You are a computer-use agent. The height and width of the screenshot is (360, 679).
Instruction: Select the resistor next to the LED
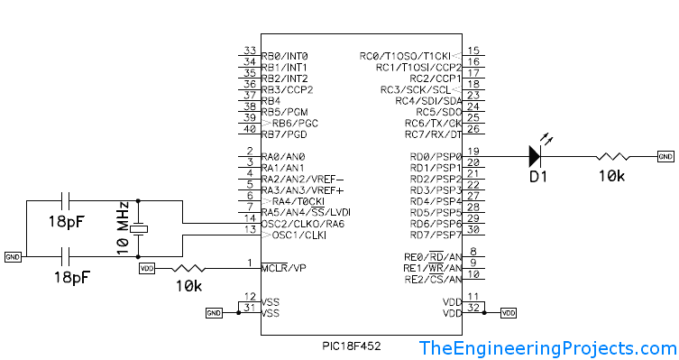[x=613, y=156]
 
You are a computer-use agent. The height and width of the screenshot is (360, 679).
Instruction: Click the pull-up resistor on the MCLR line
[x=191, y=268]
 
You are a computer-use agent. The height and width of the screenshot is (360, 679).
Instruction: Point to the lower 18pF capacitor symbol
[x=68, y=256]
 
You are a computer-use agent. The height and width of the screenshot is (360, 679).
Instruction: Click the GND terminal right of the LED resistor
[x=665, y=156]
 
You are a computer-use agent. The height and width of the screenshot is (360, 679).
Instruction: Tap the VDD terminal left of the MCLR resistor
[x=147, y=268]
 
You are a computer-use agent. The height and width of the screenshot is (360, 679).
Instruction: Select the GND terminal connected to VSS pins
[x=214, y=313]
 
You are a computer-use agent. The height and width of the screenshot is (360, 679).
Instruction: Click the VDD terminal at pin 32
[x=509, y=312]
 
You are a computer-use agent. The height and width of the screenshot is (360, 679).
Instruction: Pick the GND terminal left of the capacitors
[x=13, y=256]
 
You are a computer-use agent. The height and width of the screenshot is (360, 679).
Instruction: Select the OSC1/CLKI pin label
[x=294, y=235]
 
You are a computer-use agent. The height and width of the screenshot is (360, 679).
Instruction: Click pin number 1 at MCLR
[x=249, y=263]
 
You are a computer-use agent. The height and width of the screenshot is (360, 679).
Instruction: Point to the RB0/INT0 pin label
[x=284, y=56]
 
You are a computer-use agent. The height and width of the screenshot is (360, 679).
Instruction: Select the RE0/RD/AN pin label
[x=436, y=256]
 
